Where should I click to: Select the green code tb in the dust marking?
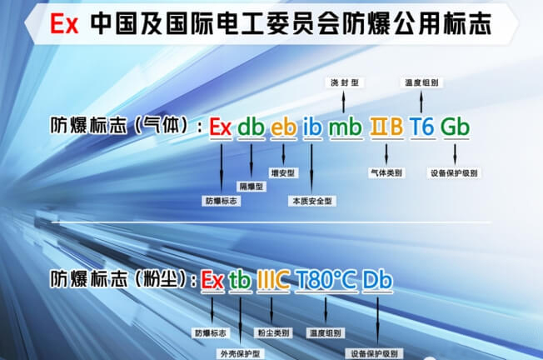tap(240, 281)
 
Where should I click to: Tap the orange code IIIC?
tap(273, 281)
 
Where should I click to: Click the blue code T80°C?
tap(326, 281)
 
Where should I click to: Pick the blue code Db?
tap(377, 281)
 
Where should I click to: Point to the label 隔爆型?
tap(251, 187)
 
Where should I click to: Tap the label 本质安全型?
tap(312, 201)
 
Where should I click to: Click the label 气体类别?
tap(387, 174)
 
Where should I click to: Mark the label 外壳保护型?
tap(241, 352)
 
